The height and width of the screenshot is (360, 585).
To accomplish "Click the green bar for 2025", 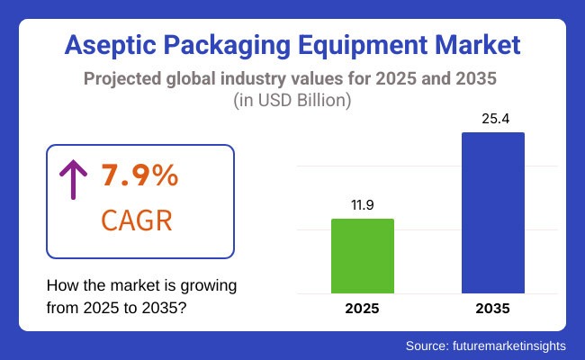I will coord(363,256).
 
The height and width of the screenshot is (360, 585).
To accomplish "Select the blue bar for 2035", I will coord(493,212).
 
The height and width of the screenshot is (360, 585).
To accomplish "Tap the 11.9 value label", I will coord(363,204).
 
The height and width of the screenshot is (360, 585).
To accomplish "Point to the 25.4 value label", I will coord(493,118).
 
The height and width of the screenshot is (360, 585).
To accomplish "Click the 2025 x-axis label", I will coord(363,309).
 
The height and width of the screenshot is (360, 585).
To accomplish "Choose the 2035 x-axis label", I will coord(493,309).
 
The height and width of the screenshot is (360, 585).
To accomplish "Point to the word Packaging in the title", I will coord(214,44).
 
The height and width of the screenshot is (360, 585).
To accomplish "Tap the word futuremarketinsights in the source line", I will coord(516,345).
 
